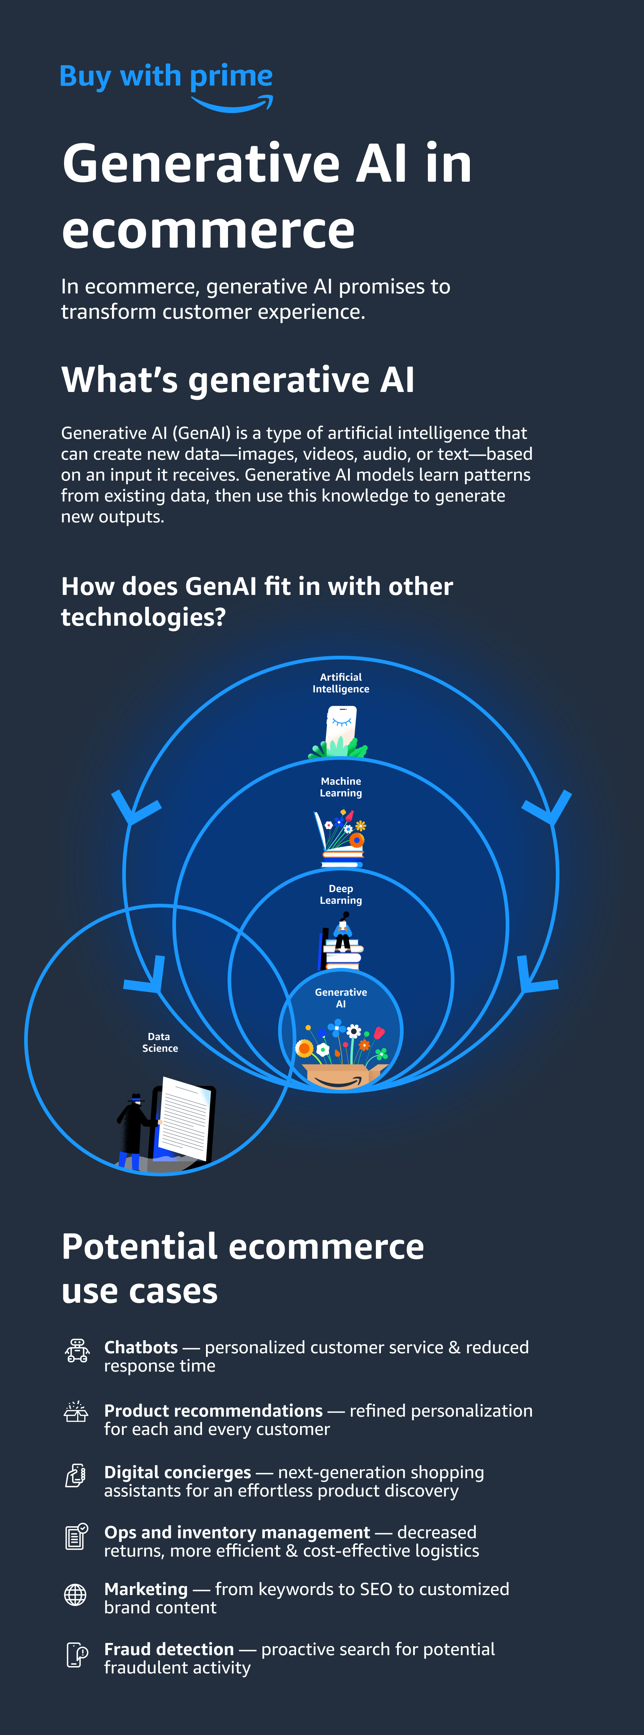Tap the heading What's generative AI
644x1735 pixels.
pos(237,380)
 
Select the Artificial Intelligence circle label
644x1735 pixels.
pos(341,683)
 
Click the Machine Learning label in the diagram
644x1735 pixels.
pos(341,787)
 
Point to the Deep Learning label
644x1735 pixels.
pos(341,895)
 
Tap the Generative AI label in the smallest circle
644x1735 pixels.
pos(341,998)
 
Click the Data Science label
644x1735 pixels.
pos(160,1042)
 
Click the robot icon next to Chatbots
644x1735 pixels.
pos(77,1350)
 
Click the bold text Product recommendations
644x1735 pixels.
pos(213,1410)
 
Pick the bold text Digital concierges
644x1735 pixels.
pos(178,1472)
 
